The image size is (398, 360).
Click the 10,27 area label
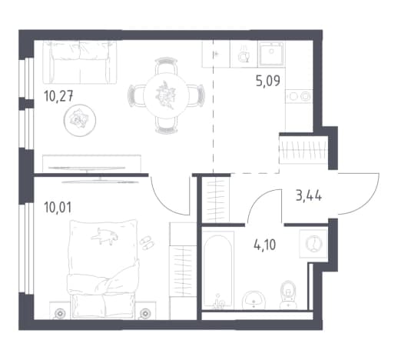pyautogui.click(x=58, y=97)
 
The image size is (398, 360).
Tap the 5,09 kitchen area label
pyautogui.click(x=268, y=81)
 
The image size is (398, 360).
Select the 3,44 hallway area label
pyautogui.click(x=309, y=196)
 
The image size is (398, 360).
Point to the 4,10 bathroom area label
pyautogui.click(x=264, y=245)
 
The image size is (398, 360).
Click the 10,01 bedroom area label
pyautogui.click(x=58, y=208)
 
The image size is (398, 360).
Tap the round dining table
pyautogui.click(x=166, y=95)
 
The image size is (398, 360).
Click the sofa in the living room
pyautogui.click(x=80, y=62)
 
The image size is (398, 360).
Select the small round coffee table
pyautogui.click(x=80, y=120)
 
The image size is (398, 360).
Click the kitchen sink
pyautogui.click(x=271, y=53)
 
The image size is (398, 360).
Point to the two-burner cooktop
pyautogui.click(x=299, y=96)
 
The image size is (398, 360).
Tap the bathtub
pyautogui.click(x=218, y=270)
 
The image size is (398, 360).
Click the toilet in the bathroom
pyautogui.click(x=288, y=295)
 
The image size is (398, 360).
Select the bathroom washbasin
pyautogui.click(x=254, y=300)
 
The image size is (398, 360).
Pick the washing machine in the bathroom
pyautogui.click(x=313, y=244)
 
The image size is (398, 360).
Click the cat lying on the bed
pyautogui.click(x=104, y=236)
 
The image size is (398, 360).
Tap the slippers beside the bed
pyautogui.click(x=147, y=242)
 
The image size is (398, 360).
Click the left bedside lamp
pyautogui.click(x=60, y=313)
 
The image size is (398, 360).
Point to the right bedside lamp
pyautogui.click(x=145, y=313)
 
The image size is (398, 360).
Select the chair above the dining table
pyautogui.click(x=166, y=65)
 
